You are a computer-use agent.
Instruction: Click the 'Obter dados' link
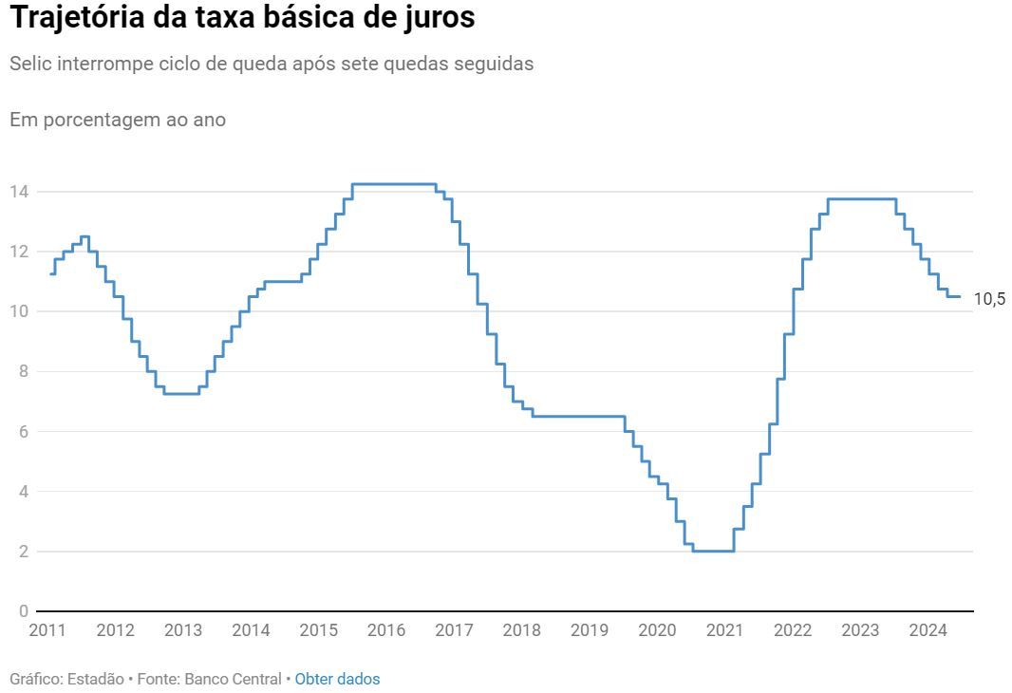(x=337, y=679)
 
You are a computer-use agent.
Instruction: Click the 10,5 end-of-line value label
(x=988, y=299)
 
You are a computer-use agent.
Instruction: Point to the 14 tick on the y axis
(x=20, y=192)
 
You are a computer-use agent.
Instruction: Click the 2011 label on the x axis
(x=47, y=630)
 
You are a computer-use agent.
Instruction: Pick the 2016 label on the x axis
(x=386, y=630)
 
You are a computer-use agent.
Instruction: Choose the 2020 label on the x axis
(x=657, y=630)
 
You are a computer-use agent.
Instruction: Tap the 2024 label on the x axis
(x=928, y=630)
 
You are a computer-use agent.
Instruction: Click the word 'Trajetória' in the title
(x=79, y=18)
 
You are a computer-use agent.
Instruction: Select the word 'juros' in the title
(x=439, y=18)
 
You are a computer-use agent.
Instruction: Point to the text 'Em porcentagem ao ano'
(x=118, y=120)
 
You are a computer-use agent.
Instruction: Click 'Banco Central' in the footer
(x=233, y=679)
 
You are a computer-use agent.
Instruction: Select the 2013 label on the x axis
(x=183, y=630)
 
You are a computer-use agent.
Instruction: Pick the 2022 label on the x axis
(x=793, y=630)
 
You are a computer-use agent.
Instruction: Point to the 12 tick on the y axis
(x=20, y=252)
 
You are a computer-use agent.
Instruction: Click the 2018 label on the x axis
(x=521, y=630)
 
